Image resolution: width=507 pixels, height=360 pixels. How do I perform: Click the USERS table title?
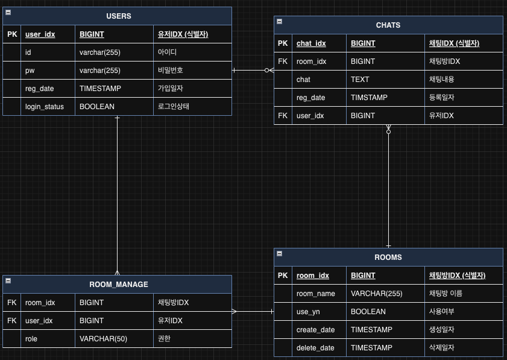pos(118,16)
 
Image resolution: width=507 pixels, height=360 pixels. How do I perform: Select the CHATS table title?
pos(388,25)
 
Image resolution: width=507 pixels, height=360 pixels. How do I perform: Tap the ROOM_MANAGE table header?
pos(118,284)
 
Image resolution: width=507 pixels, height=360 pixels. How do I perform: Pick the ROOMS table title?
pos(388,257)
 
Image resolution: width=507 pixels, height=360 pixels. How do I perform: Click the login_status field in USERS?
pos(44,106)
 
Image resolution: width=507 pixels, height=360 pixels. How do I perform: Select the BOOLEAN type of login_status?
pos(96,106)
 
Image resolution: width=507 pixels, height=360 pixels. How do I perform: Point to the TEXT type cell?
pos(360,79)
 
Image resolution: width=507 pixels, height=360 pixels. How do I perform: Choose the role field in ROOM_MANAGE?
pos(31,338)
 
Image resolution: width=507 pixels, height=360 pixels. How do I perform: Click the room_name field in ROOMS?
pos(315,293)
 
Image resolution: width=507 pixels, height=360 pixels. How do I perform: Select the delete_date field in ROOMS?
pos(315,347)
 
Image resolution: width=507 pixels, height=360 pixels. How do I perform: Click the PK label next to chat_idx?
pos(283,43)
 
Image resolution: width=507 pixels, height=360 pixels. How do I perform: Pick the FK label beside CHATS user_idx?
pos(283,115)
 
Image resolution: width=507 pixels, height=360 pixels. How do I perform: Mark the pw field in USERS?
pos(30,70)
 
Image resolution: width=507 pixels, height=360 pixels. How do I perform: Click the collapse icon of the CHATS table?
pos(279,22)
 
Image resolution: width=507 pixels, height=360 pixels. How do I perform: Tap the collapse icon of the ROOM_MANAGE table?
pos(8,281)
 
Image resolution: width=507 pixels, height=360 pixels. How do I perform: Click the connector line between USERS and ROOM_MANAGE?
pos(117,193)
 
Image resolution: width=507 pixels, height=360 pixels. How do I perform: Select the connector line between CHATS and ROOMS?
pos(388,187)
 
